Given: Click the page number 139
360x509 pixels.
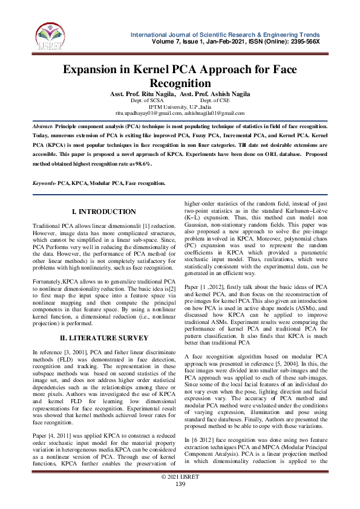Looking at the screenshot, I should (180, 501).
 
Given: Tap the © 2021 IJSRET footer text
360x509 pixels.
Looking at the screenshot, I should (180, 494).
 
